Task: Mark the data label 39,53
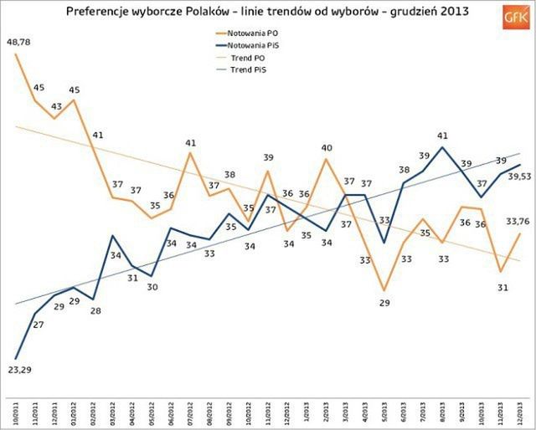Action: [521, 177]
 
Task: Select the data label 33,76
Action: [521, 221]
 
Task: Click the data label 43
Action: [55, 106]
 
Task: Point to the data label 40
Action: [327, 148]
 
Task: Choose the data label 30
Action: [152, 287]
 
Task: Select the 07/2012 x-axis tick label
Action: [192, 410]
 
